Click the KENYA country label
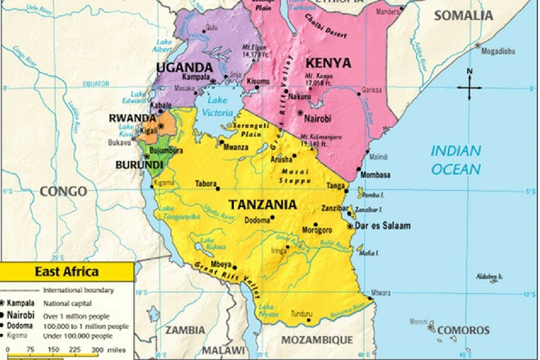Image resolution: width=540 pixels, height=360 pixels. click(x=328, y=63)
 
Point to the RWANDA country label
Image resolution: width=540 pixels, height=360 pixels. click(x=132, y=118)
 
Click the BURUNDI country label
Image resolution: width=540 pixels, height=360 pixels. click(x=139, y=165)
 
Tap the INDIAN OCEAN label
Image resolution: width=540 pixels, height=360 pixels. click(x=456, y=160)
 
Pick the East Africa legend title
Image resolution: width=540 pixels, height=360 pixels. click(x=67, y=271)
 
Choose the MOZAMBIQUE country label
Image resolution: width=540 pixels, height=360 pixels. click(x=317, y=340)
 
